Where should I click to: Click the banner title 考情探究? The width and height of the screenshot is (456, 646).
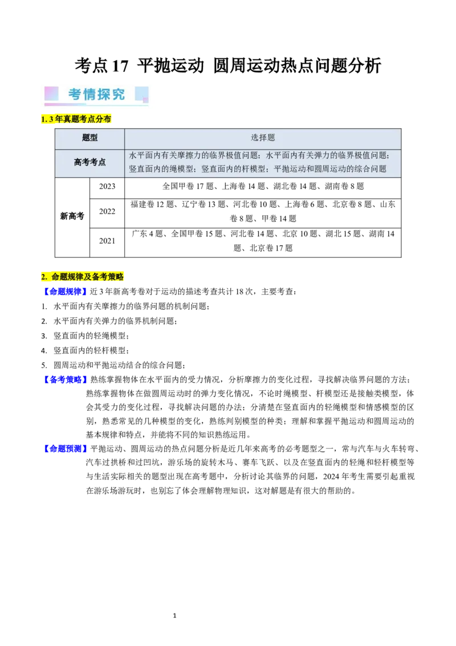96,95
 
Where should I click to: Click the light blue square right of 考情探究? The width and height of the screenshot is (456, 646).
141,94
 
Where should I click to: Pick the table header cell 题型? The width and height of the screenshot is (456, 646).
89,138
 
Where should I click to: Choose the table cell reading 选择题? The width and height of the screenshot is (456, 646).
262,138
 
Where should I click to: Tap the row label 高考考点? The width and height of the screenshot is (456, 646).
89,163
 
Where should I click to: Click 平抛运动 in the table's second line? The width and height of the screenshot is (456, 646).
288,169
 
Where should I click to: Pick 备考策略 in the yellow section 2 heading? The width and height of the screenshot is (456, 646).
107,277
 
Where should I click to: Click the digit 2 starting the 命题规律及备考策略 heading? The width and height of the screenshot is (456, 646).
43,277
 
